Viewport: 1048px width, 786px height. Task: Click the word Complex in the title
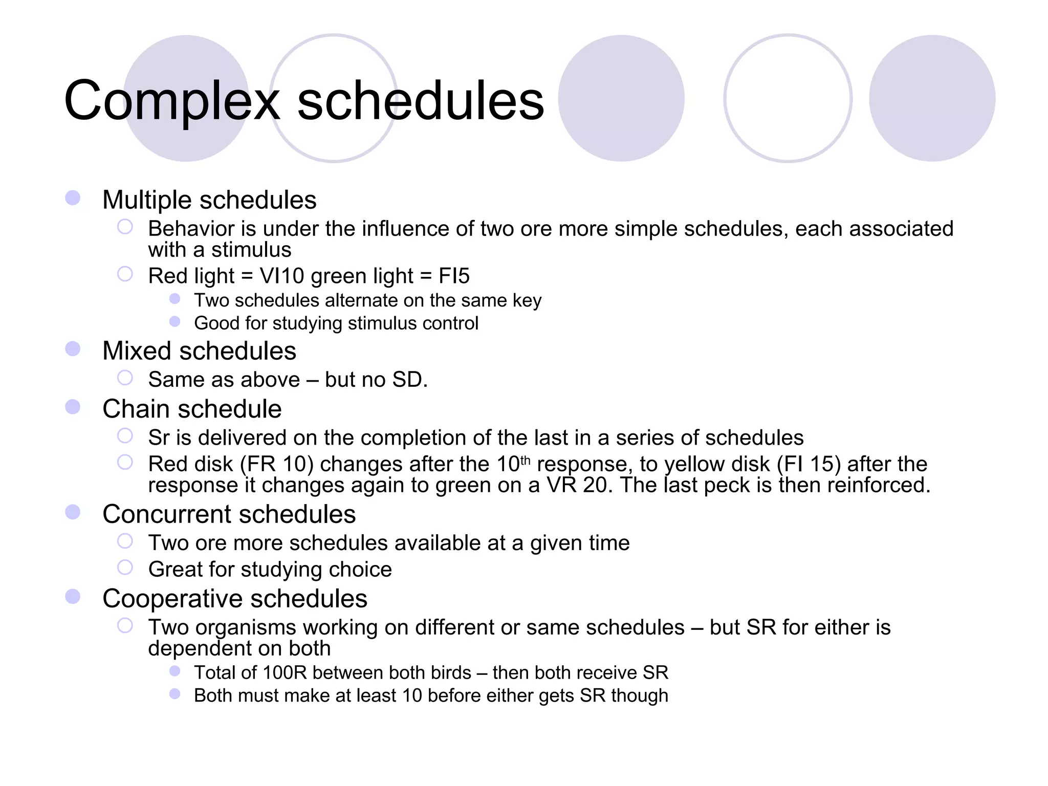[x=171, y=101]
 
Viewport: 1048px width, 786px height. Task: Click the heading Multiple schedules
[x=209, y=200]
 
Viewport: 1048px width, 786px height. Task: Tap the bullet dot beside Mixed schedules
[x=73, y=349]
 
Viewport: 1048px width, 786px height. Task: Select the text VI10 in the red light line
[x=282, y=276]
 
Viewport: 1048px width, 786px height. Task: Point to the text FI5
[x=454, y=276]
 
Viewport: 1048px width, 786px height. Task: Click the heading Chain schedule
[x=192, y=409]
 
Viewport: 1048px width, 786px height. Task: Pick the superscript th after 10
[x=526, y=459]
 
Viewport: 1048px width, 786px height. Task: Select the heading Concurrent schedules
[x=229, y=514]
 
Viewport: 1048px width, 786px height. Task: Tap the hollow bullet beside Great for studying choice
[x=125, y=567]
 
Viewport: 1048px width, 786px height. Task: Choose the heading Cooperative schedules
[x=234, y=599]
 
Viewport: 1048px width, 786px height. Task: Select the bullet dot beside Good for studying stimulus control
[x=175, y=321]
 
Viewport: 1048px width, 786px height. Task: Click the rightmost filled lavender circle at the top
[x=932, y=98]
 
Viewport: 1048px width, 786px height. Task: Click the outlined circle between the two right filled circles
[x=788, y=98]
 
